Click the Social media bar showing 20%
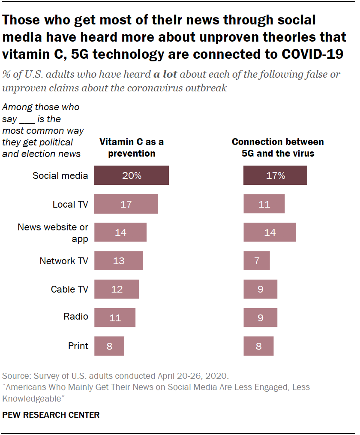(131, 175)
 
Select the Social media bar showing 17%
(275, 175)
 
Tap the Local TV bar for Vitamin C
(126, 204)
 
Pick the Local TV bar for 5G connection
(264, 204)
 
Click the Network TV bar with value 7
(257, 261)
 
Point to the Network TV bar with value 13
(118, 261)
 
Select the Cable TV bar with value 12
(117, 289)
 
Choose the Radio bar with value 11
(115, 318)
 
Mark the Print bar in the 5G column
(258, 346)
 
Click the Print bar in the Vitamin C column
(109, 346)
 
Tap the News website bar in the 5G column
(270, 233)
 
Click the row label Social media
(60, 175)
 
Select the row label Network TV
(64, 261)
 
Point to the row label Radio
(76, 317)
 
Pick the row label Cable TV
(69, 289)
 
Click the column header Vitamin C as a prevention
(132, 147)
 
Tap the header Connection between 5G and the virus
(278, 147)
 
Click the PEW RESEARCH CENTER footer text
(51, 415)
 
